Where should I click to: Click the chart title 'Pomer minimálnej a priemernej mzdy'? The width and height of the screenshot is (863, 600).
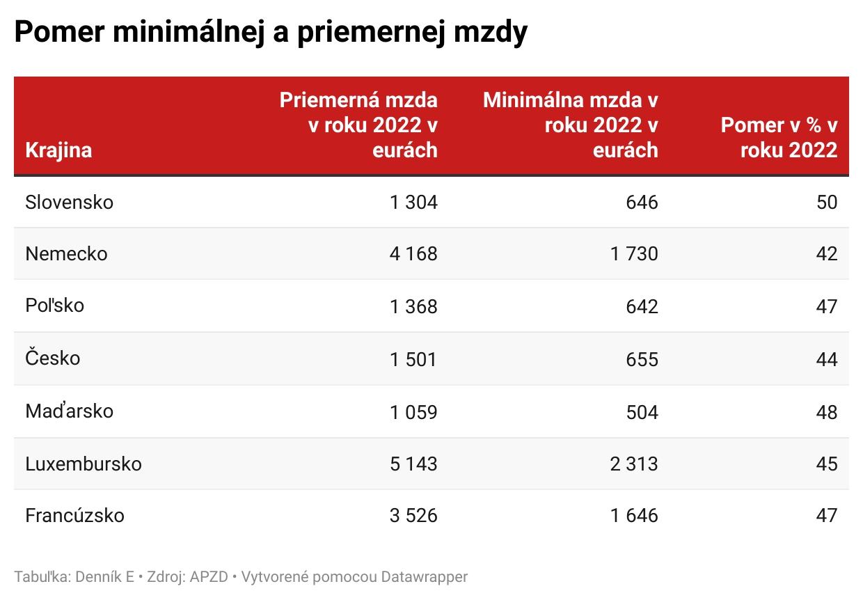pyautogui.click(x=271, y=33)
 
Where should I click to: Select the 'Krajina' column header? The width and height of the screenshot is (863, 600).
pyautogui.click(x=58, y=150)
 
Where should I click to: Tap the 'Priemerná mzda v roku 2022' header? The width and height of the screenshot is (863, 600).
pyautogui.click(x=358, y=125)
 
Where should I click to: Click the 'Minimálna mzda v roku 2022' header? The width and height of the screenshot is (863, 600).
pyautogui.click(x=571, y=125)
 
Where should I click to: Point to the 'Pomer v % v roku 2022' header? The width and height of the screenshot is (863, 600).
pyautogui.click(x=779, y=138)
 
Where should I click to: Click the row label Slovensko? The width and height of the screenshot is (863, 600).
pyautogui.click(x=69, y=203)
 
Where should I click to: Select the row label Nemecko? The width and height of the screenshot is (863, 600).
pyautogui.click(x=66, y=254)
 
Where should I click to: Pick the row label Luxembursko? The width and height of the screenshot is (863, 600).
pyautogui.click(x=84, y=464)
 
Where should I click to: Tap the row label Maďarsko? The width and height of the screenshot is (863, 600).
pyautogui.click(x=69, y=411)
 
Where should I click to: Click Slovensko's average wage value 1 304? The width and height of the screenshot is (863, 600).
pyautogui.click(x=413, y=203)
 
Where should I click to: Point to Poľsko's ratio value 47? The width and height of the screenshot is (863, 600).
pyautogui.click(x=826, y=306)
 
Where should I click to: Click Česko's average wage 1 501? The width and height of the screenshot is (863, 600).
pyautogui.click(x=413, y=359)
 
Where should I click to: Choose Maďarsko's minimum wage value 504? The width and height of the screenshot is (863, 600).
pyautogui.click(x=642, y=411)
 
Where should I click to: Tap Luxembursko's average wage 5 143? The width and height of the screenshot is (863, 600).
pyautogui.click(x=413, y=464)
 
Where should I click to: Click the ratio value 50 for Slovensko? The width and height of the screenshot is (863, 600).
pyautogui.click(x=826, y=203)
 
